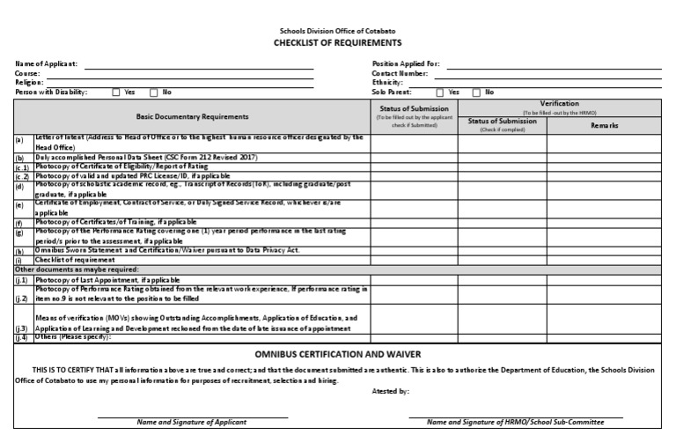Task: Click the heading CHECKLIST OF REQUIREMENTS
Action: [338, 42]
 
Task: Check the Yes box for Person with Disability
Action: [117, 92]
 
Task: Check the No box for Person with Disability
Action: [154, 92]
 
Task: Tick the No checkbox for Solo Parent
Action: [476, 92]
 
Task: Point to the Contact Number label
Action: [401, 73]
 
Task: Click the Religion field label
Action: [30, 82]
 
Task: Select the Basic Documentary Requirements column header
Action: [192, 116]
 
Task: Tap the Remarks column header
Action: [603, 125]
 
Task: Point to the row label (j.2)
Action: [23, 298]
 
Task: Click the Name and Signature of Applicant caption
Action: [191, 423]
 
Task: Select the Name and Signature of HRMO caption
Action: [525, 423]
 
